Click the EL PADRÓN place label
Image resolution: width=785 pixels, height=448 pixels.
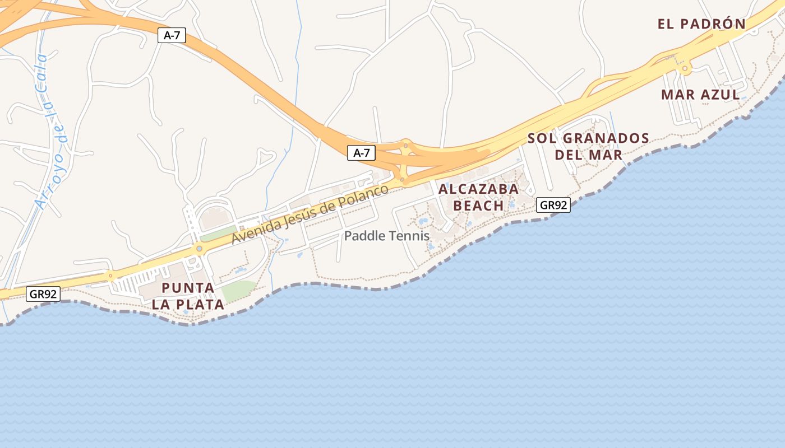point(701,24)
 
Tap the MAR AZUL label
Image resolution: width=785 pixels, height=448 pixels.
point(700,95)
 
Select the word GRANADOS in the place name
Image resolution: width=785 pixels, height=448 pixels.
point(606,138)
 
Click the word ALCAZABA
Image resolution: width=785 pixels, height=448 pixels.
point(478,189)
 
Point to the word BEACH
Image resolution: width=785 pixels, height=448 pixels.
point(478,206)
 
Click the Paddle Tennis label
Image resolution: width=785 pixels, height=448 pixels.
point(387,236)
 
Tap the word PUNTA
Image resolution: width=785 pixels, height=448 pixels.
point(188,288)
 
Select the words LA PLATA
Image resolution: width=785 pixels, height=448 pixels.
point(188,305)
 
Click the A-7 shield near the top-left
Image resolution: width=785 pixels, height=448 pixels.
point(171,35)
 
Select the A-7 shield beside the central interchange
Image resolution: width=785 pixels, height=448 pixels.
point(361,153)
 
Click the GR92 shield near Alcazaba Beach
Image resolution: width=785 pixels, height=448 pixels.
point(553,205)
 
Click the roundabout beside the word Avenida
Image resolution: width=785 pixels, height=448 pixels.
point(198,248)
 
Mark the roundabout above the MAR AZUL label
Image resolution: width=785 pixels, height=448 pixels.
point(685,69)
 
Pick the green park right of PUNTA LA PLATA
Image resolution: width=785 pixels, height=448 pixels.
point(239,290)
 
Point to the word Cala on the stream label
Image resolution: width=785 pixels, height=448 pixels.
point(40,73)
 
